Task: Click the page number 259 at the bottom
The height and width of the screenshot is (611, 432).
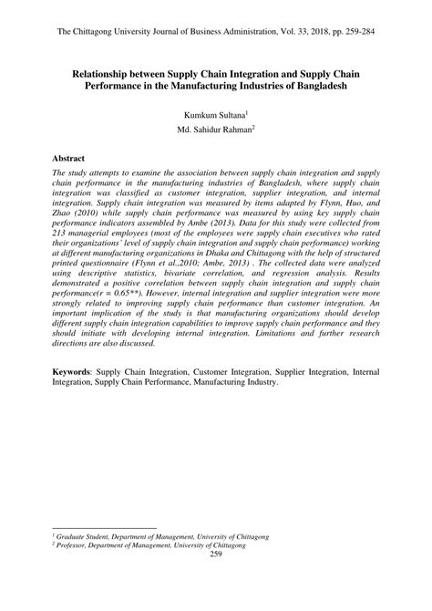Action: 216,554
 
